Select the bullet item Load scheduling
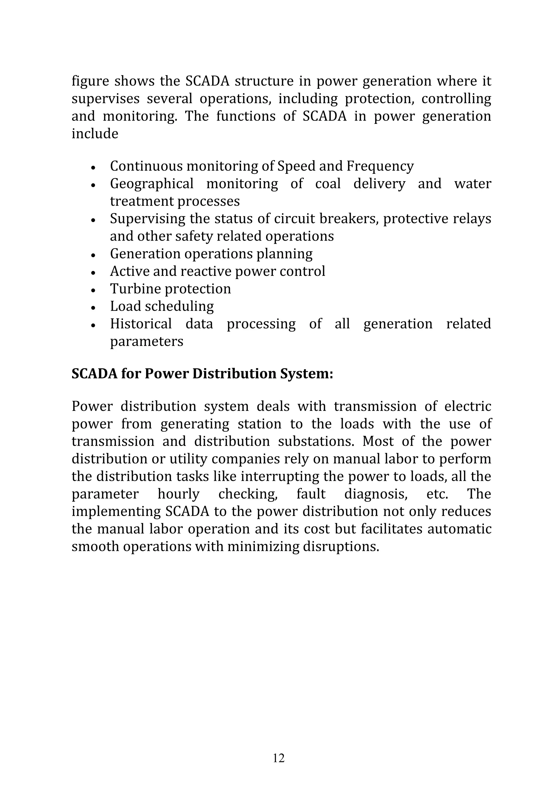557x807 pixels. pyautogui.click(x=162, y=306)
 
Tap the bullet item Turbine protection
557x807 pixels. pyautogui.click(x=170, y=289)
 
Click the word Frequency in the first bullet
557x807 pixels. pyautogui.click(x=380, y=167)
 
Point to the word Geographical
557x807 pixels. pyautogui.click(x=151, y=184)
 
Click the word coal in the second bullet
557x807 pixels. pyautogui.click(x=328, y=184)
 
